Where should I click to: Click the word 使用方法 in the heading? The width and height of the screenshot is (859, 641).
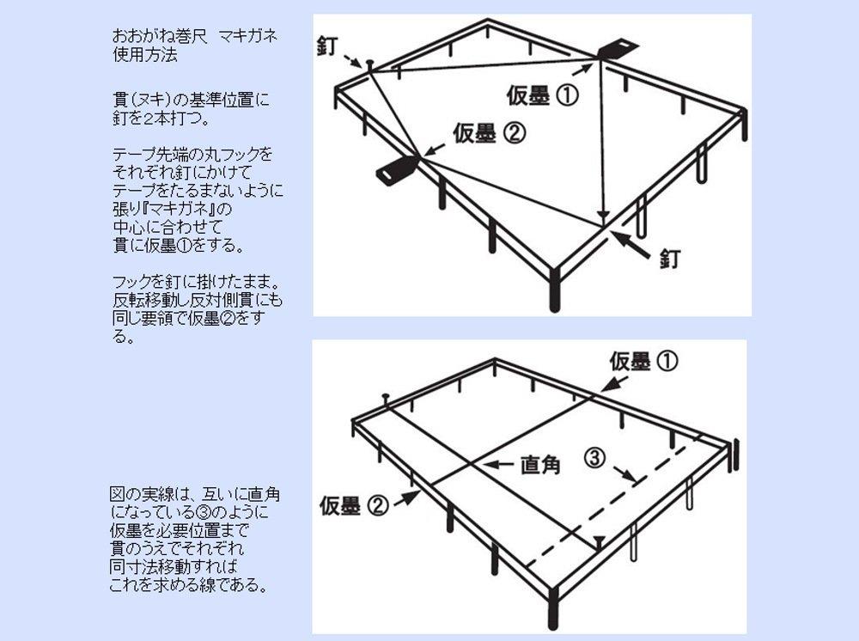click(145, 55)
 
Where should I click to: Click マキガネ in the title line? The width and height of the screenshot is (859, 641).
click(247, 36)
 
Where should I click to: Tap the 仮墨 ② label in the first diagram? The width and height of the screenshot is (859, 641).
click(490, 133)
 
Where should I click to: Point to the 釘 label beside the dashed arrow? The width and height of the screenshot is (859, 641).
click(327, 46)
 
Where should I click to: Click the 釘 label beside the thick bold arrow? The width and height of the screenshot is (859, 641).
click(670, 258)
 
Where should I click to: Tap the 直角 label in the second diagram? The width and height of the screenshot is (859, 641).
click(540, 465)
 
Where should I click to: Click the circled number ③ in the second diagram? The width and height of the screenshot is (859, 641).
click(595, 457)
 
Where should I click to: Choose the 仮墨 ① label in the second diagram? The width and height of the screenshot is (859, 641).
click(643, 362)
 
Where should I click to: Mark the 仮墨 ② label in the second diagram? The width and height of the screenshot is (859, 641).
click(354, 505)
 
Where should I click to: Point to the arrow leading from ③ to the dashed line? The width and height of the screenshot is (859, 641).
click(625, 474)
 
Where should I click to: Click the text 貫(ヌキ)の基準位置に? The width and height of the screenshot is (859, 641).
click(191, 101)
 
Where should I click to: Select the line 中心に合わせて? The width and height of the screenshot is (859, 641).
click(168, 227)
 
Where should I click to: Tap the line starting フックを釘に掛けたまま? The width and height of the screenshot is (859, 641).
click(198, 282)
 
